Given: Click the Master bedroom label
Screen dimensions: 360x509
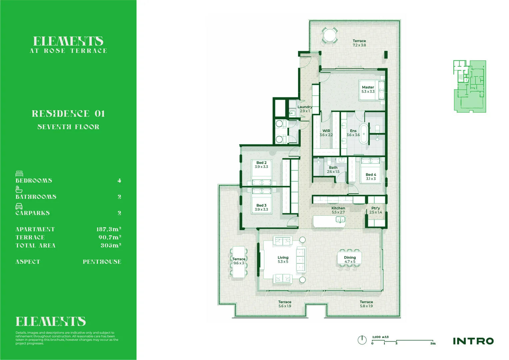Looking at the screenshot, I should pyautogui.click(x=368, y=89).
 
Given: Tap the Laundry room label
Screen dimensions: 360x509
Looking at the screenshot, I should pyautogui.click(x=305, y=109).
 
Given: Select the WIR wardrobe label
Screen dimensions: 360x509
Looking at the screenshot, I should pyautogui.click(x=326, y=133).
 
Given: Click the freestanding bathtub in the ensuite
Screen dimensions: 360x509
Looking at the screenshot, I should pyautogui.click(x=364, y=134).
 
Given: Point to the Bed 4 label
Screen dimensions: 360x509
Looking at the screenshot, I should pyautogui.click(x=371, y=177).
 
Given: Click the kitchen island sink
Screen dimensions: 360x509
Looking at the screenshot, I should pyautogui.click(x=340, y=220).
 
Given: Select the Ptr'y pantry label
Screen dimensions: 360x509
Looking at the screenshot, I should pyautogui.click(x=376, y=210).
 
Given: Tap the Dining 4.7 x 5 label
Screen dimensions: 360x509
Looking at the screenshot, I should pyautogui.click(x=350, y=259).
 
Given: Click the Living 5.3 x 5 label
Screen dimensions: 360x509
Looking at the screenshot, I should pyautogui.click(x=283, y=259).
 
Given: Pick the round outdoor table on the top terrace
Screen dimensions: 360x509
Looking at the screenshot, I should pyautogui.click(x=330, y=35).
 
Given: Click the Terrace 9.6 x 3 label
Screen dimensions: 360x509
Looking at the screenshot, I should pyautogui.click(x=239, y=261).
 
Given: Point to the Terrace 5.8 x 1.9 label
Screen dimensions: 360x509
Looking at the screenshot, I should pyautogui.click(x=366, y=304).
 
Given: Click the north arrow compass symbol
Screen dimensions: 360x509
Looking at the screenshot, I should pyautogui.click(x=362, y=340).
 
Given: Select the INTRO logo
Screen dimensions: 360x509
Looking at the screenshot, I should pyautogui.click(x=473, y=341).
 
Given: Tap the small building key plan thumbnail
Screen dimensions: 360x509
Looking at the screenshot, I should pyautogui.click(x=469, y=86).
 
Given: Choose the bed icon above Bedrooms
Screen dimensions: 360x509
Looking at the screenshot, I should pyautogui.click(x=19, y=173).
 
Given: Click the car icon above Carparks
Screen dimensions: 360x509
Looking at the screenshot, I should pyautogui.click(x=19, y=206).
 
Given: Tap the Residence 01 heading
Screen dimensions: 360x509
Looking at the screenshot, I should pyautogui.click(x=68, y=114).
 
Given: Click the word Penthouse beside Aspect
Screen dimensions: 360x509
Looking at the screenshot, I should pyautogui.click(x=102, y=262).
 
